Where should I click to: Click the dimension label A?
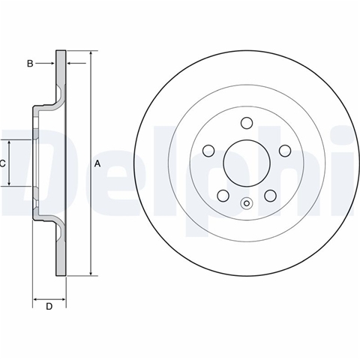coord(97,163)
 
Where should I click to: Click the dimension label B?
coord(30,64)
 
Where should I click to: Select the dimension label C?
coord(2,163)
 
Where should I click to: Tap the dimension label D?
coord(49,306)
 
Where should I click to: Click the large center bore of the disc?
coord(247,163)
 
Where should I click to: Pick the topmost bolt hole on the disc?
coord(247,123)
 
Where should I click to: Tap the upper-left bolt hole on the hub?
coord(208,151)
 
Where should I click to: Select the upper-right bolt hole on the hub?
coord(285,151)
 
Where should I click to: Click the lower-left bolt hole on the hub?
coord(223,196)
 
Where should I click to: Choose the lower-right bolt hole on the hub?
coord(270,196)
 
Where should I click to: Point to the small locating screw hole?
coord(247,203)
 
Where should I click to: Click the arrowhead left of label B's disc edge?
coord(52,64)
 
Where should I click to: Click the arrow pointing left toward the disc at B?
coord(76,64)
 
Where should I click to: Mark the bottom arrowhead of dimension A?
coord(91,273)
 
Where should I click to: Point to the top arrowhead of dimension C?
coord(9,143)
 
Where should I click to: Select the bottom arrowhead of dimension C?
coord(9,183)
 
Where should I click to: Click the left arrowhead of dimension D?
coord(36,299)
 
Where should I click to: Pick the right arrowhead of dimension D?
coord(62,299)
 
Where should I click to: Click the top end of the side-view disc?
coord(61,51)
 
